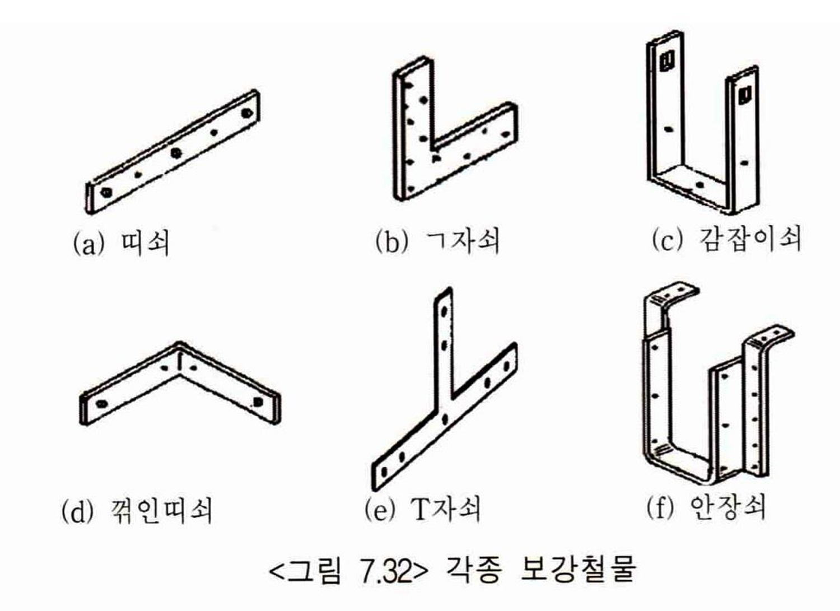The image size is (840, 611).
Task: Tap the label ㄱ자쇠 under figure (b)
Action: coord(463,241)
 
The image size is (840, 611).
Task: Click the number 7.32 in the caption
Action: coord(384,572)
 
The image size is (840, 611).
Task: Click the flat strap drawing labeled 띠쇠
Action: coord(173,152)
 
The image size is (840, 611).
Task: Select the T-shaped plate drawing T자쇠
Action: coord(445,390)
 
